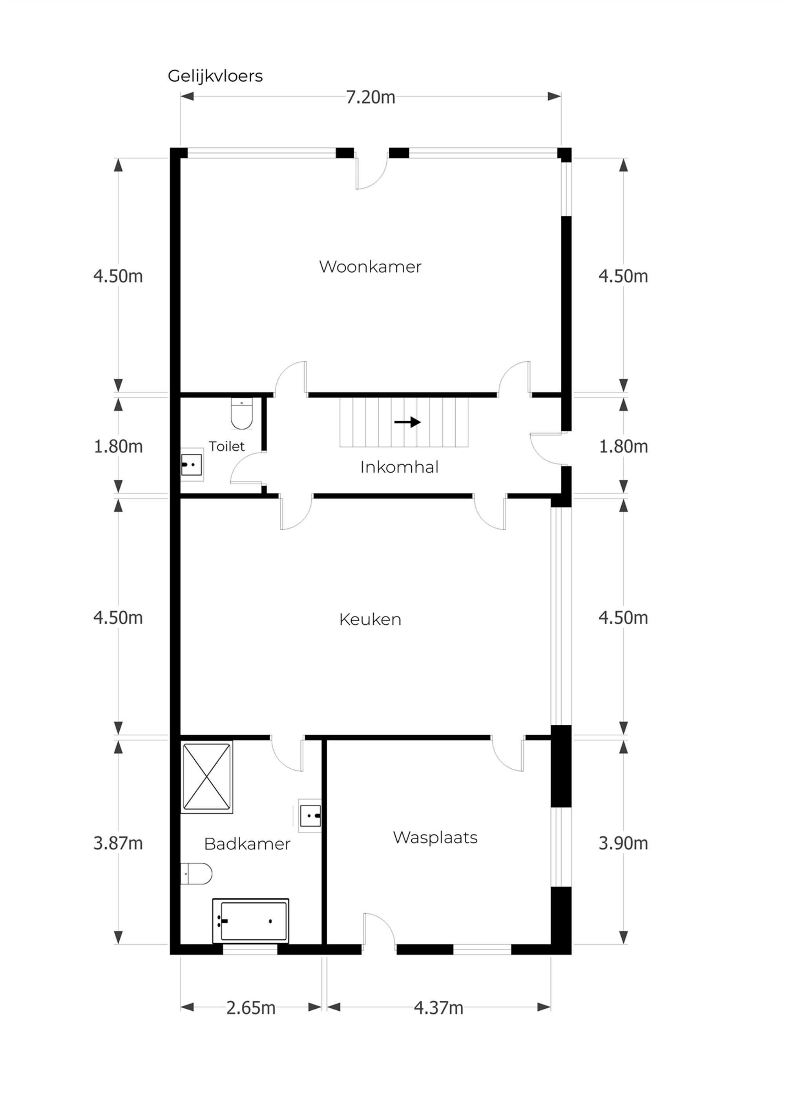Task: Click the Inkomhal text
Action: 399,467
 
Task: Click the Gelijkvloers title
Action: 215,76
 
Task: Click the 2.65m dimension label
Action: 250,1008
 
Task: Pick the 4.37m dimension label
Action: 438,1008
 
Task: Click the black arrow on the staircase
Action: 407,422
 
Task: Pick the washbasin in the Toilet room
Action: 192,465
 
